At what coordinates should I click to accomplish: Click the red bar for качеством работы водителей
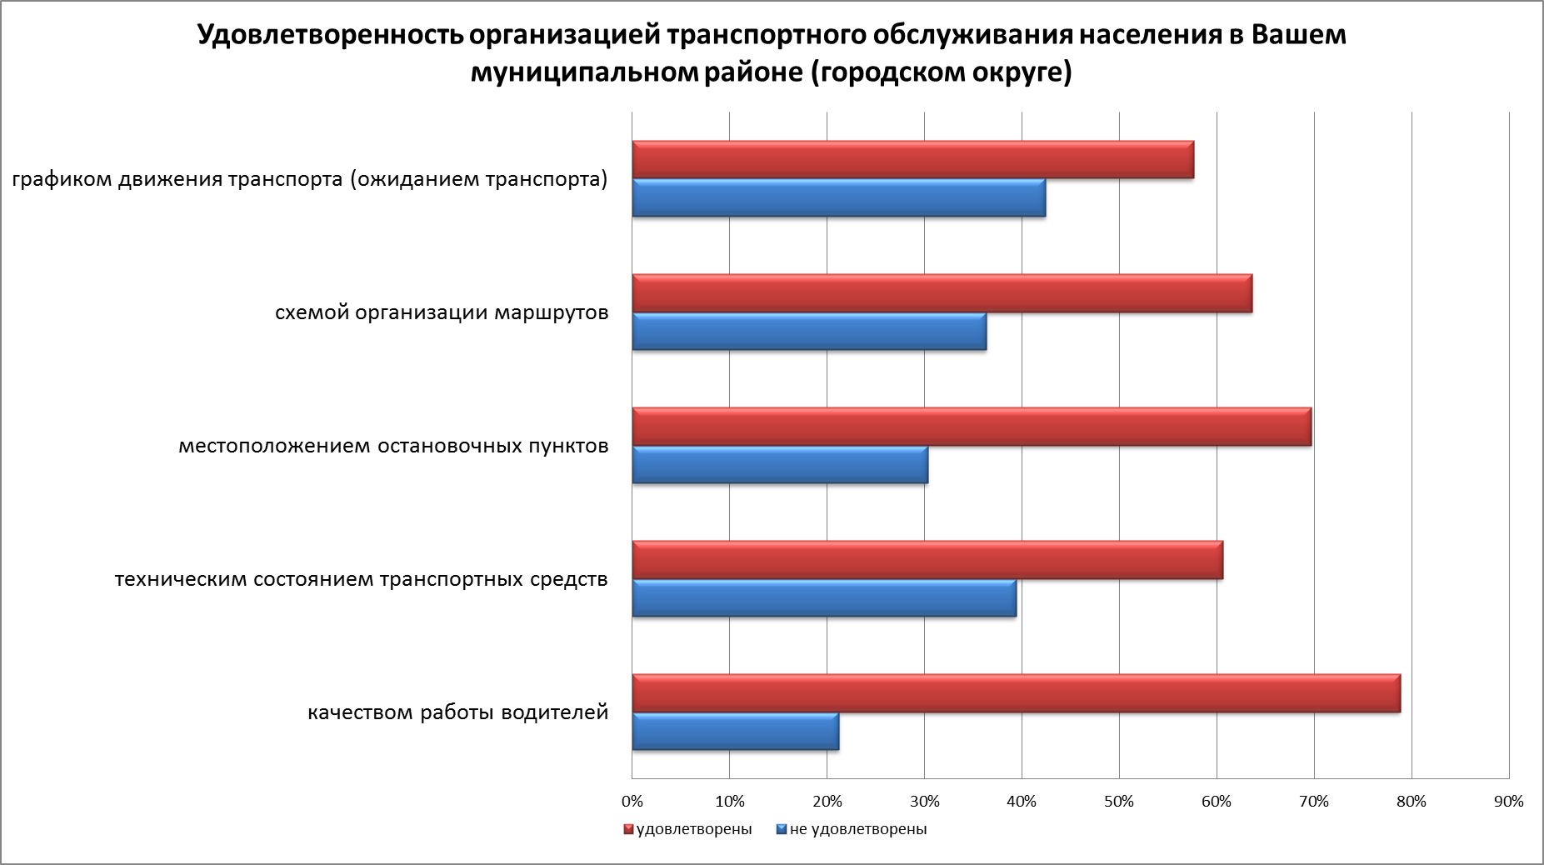tap(1016, 693)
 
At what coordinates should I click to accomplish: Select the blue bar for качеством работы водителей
tap(735, 732)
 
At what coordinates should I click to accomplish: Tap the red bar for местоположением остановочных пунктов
tap(972, 427)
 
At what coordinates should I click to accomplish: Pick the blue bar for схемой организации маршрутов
tap(809, 332)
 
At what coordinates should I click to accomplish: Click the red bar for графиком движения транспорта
tap(912, 160)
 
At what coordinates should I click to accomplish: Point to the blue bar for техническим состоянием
tap(824, 598)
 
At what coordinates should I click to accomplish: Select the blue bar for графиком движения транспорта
tap(838, 198)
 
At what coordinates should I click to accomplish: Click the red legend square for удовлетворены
tap(629, 830)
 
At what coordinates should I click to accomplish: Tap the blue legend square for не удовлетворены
tap(781, 830)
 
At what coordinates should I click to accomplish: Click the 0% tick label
tap(632, 802)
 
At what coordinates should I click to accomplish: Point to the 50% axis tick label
tap(1119, 802)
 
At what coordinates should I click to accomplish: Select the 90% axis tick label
tap(1508, 802)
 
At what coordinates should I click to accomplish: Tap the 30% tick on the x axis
tap(924, 802)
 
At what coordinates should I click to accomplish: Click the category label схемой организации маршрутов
tap(442, 313)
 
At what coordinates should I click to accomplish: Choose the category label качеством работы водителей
tap(458, 713)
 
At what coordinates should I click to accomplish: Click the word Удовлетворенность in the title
tap(329, 36)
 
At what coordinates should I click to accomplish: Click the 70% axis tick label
tap(1314, 802)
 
